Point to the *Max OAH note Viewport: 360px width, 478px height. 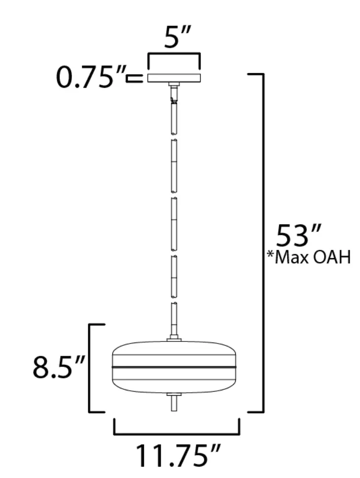point(309,258)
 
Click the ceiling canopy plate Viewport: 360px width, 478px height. point(174,78)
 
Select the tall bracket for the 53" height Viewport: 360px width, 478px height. point(263,242)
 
